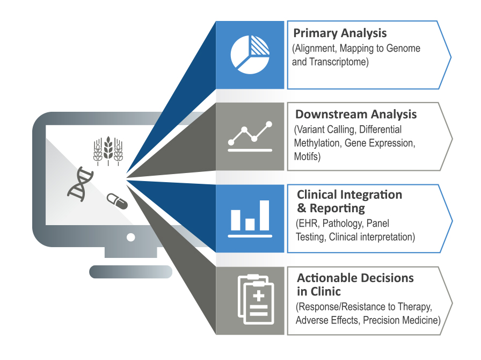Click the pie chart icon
pos(250,54)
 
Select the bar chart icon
pos(250,218)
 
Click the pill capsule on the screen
pos(117,201)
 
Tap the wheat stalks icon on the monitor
pos(108,149)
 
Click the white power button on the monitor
pos(130,237)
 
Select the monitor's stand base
pos(130,271)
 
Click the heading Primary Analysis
pos(340,33)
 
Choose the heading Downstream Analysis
pos(356,114)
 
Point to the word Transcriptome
pos(338,62)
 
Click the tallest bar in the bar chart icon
pos(264,215)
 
